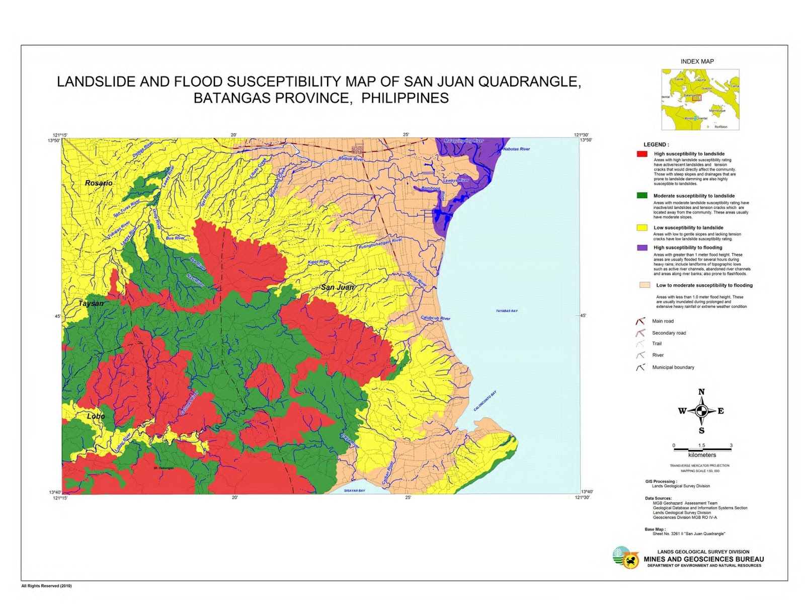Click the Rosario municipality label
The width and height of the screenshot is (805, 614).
[99, 183]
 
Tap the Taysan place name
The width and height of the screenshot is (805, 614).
[91, 303]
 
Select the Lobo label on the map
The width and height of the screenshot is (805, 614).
[96, 416]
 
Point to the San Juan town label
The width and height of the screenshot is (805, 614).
[337, 287]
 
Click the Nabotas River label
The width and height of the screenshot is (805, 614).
[516, 149]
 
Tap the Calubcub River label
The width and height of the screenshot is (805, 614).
[436, 318]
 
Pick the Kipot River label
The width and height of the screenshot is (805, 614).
[318, 262]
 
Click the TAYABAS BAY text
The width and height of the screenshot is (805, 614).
[507, 311]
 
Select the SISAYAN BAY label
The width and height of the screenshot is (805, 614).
[354, 490]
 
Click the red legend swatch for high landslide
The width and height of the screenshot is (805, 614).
[642, 154]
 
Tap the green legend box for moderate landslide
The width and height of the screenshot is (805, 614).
[642, 195]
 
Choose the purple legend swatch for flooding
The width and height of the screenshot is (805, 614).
[642, 248]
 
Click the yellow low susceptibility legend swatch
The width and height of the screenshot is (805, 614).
[642, 227]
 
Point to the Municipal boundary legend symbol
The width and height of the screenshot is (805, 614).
[640, 367]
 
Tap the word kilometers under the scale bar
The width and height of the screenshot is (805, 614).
[702, 455]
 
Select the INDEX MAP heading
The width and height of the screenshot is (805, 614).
[697, 61]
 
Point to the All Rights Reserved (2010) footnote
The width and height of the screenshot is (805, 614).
[46, 585]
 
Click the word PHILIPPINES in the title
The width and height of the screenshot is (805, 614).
[405, 98]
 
